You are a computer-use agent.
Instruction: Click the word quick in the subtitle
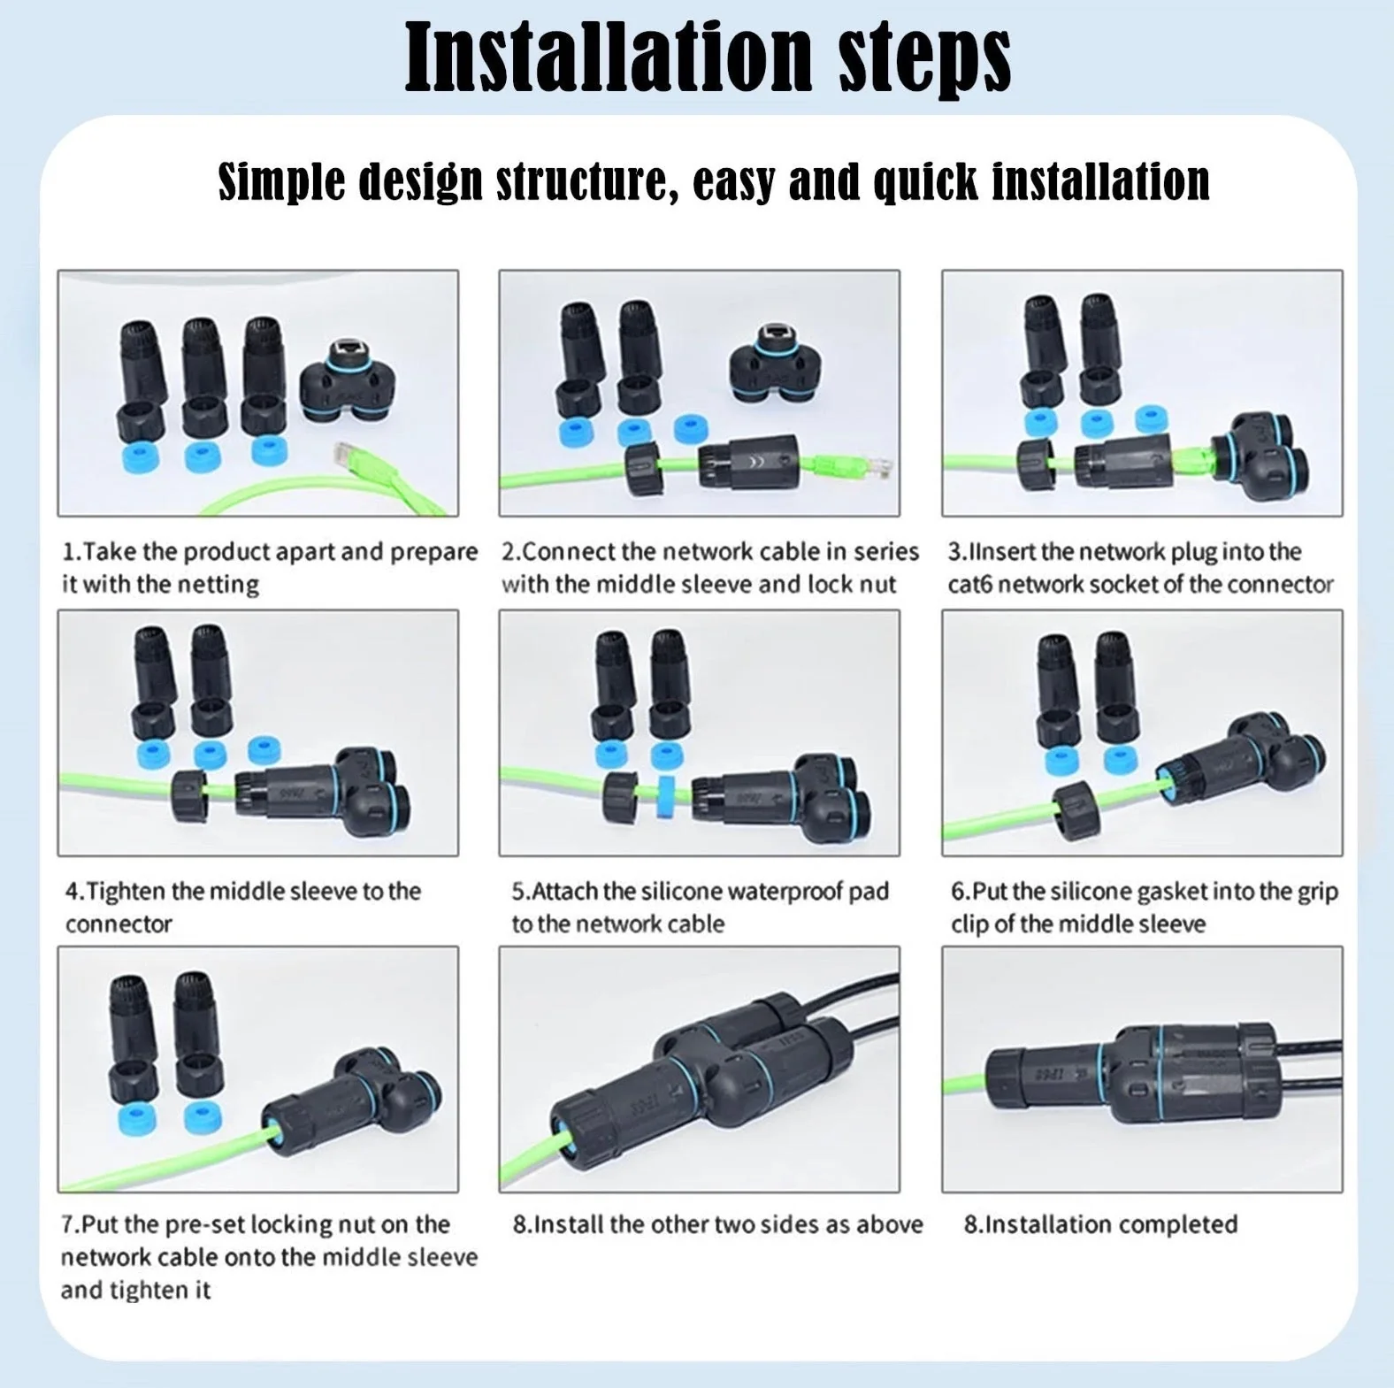(925, 182)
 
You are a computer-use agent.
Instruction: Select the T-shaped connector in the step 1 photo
(347, 379)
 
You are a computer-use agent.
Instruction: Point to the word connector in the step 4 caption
(119, 924)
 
